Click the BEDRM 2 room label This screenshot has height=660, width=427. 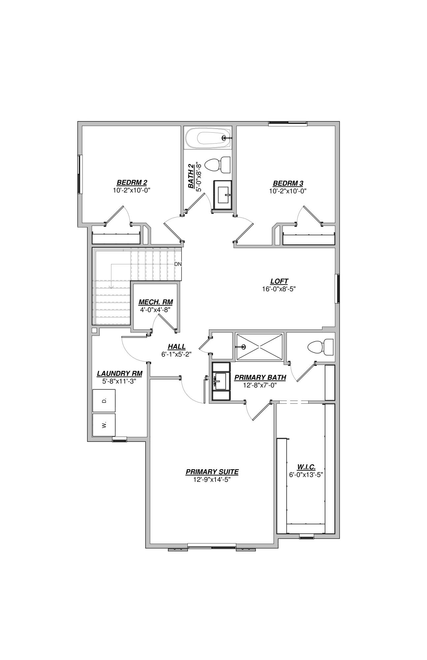pos(132,183)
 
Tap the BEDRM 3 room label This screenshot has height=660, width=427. pos(288,183)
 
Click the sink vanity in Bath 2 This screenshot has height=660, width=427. pos(223,195)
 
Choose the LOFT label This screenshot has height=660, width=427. pos(279,281)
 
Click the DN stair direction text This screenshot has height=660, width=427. pos(178,264)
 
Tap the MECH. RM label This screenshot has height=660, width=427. pos(155,302)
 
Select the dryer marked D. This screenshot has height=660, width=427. pos(104,401)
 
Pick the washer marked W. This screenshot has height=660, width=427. pos(104,425)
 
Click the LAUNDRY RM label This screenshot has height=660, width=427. pos(119,374)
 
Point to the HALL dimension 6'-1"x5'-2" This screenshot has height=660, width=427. pos(177,354)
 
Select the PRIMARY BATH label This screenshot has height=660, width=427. pos(260,378)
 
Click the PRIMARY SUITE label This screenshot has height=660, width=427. pos(212,472)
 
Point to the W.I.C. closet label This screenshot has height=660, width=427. pos(306,467)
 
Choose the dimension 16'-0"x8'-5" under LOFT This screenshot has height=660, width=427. pos(279,289)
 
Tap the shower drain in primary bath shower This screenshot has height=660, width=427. pos(244,346)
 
